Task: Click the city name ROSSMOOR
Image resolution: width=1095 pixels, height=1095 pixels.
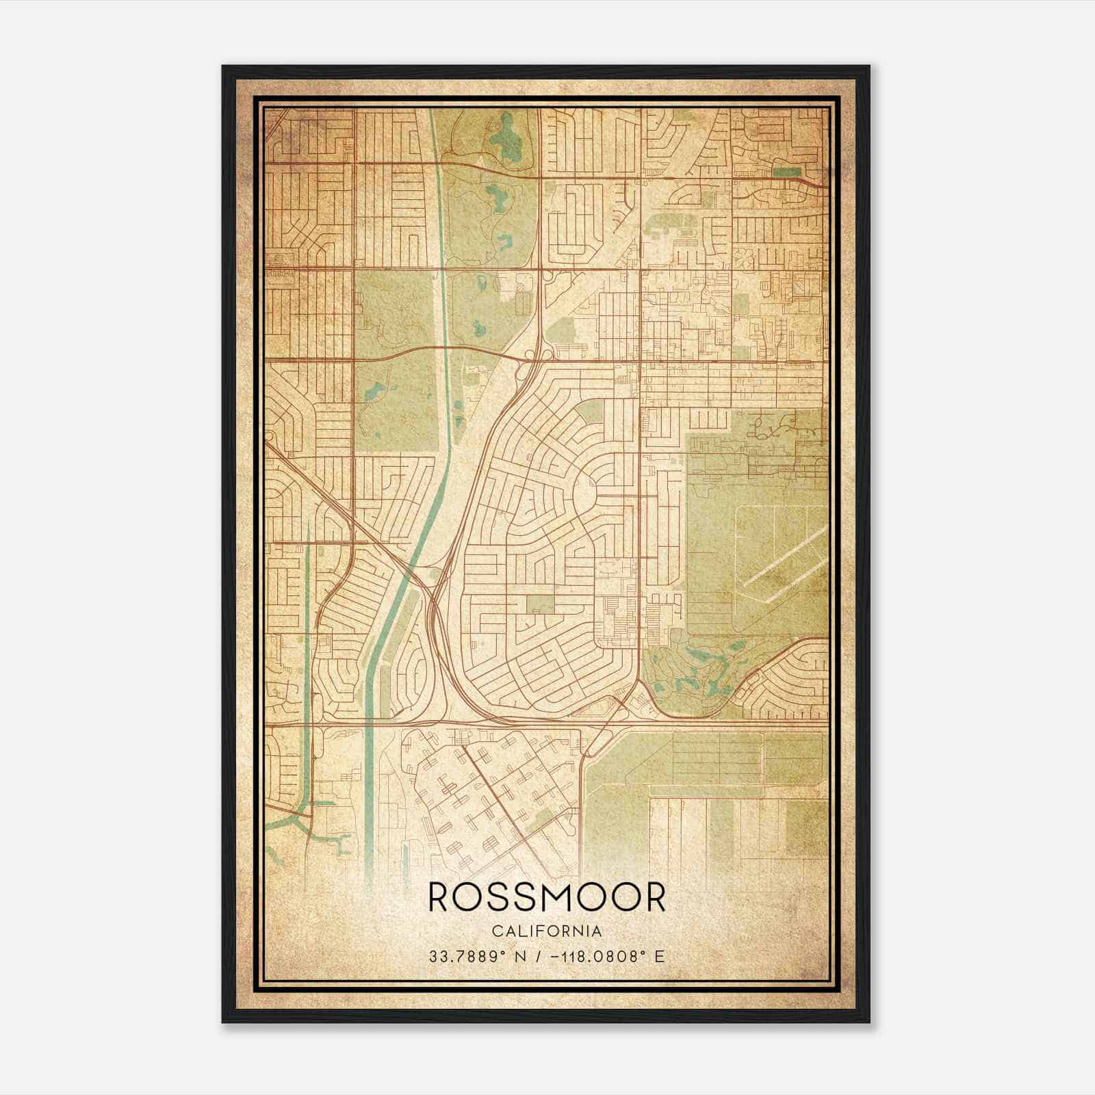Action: click(547, 897)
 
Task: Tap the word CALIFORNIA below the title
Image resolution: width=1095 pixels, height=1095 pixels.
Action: click(546, 931)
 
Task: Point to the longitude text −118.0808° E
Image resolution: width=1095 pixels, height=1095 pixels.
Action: click(602, 956)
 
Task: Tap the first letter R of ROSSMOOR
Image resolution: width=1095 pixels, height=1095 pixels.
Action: click(440, 897)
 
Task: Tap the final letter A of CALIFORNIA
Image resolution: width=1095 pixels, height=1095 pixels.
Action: click(597, 931)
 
